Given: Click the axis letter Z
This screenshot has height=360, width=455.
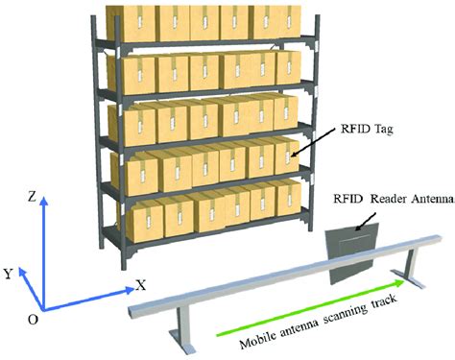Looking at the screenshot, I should [33, 196].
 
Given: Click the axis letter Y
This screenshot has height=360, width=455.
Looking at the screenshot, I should [9, 274].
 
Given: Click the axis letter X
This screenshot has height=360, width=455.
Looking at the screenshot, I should [141, 284].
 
